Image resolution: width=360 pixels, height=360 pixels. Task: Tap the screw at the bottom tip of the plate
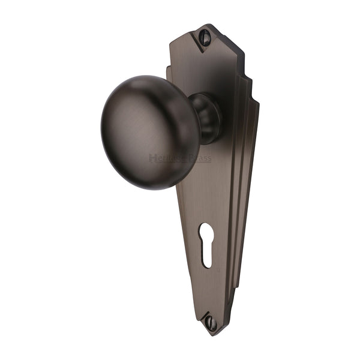[x=211, y=322]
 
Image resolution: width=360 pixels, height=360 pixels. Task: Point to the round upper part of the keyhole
[x=205, y=232]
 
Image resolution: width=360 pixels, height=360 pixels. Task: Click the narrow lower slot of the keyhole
[x=206, y=255]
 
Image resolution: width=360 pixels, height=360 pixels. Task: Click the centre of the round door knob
[x=148, y=132]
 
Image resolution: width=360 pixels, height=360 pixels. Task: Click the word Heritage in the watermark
[x=167, y=158]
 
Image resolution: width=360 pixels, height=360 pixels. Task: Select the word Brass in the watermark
[x=199, y=158]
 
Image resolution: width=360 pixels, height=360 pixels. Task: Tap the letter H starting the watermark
[x=152, y=158]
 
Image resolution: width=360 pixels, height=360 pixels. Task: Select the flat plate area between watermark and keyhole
[x=201, y=195]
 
